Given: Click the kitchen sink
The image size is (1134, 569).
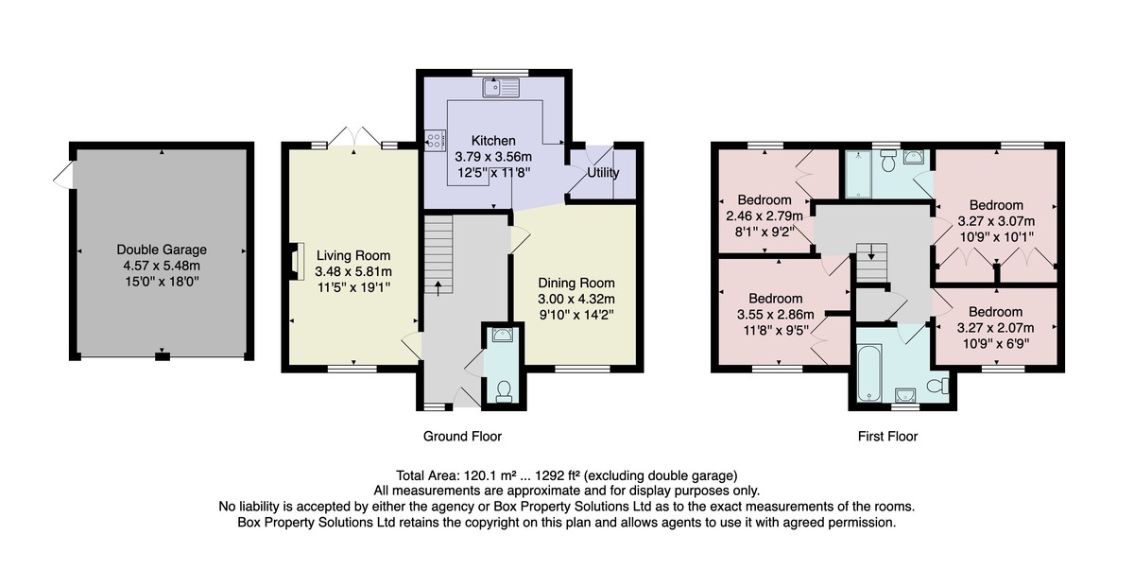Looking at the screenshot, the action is point(501,88).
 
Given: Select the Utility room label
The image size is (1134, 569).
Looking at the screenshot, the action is point(603,173).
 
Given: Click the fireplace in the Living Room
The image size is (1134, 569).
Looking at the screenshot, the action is point(297,261).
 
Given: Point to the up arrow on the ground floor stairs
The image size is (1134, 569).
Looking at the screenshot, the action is point(438,288).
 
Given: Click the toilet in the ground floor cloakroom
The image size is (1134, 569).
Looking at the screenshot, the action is point(503,390).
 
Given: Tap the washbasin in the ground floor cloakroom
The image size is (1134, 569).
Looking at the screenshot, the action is point(502,335).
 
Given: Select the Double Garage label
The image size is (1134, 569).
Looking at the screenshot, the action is point(162,250).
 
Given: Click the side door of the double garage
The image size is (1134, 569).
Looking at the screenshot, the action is point(63,175).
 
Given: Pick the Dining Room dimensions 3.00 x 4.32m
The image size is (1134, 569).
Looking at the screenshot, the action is point(576,299).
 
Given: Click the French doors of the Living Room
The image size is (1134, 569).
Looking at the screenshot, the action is point(353,138).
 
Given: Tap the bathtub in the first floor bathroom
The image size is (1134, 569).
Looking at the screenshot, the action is point(869,372).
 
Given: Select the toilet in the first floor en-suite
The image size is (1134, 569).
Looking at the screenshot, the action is point(887,160).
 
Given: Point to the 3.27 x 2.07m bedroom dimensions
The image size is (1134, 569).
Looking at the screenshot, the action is point(995,328).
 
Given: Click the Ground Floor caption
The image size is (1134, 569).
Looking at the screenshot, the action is point(462,437).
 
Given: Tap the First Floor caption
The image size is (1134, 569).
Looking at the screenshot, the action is point(887,437).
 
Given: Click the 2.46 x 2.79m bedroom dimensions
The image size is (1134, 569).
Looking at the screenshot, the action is point(765,216).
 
